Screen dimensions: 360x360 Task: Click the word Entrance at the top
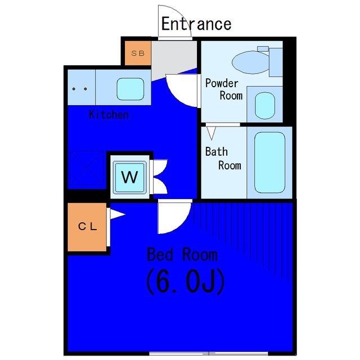tap(196, 24)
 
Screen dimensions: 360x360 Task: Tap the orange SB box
tap(137, 53)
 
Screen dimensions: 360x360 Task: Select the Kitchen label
tap(109, 115)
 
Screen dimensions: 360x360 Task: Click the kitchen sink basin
tap(130, 88)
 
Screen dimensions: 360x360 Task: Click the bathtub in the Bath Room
tap(269, 162)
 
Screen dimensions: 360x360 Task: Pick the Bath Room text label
tap(223, 158)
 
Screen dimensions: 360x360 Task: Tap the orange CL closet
tap(87, 227)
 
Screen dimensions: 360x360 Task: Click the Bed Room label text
tap(182, 254)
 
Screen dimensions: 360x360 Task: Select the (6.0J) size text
tap(186, 282)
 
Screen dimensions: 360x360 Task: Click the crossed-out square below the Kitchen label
tap(87, 169)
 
